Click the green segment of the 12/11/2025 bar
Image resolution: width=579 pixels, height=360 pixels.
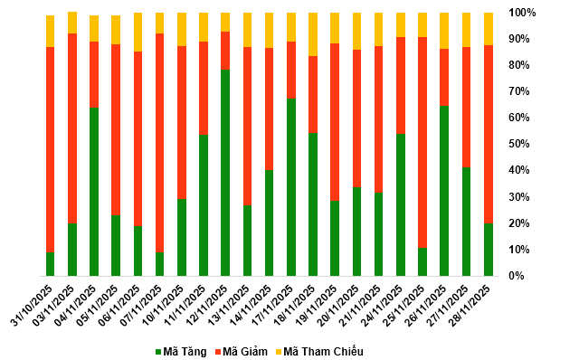pyautogui.click(x=225, y=173)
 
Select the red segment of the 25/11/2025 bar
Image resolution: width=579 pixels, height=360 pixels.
pyautogui.click(x=422, y=143)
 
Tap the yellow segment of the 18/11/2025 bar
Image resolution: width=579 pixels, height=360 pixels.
pyautogui.click(x=313, y=34)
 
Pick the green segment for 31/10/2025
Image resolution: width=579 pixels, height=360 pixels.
pyautogui.click(x=51, y=264)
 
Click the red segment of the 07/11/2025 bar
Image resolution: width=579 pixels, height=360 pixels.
pyautogui.click(x=159, y=143)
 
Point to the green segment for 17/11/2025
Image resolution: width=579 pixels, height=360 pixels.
pyautogui.click(x=291, y=187)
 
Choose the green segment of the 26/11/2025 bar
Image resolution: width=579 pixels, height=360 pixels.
pyautogui.click(x=444, y=191)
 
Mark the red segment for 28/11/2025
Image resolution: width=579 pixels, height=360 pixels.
pyautogui.click(x=489, y=135)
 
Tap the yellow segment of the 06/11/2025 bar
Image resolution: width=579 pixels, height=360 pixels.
pyautogui.click(x=138, y=33)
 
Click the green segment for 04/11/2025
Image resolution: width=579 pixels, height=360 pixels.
pyautogui.click(x=94, y=192)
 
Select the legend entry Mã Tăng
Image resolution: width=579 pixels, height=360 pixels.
pyautogui.click(x=181, y=352)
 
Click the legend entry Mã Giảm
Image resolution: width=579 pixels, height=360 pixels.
pyautogui.click(x=242, y=352)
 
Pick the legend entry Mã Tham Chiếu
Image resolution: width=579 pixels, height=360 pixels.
pyautogui.click(x=319, y=352)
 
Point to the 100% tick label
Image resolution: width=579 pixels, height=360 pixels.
pyautogui.click(x=522, y=13)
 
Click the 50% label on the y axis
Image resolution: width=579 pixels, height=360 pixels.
pyautogui.click(x=518, y=144)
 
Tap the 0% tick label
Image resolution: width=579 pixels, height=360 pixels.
pyautogui.click(x=517, y=276)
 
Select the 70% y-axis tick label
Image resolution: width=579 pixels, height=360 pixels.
pyautogui.click(x=518, y=91)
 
